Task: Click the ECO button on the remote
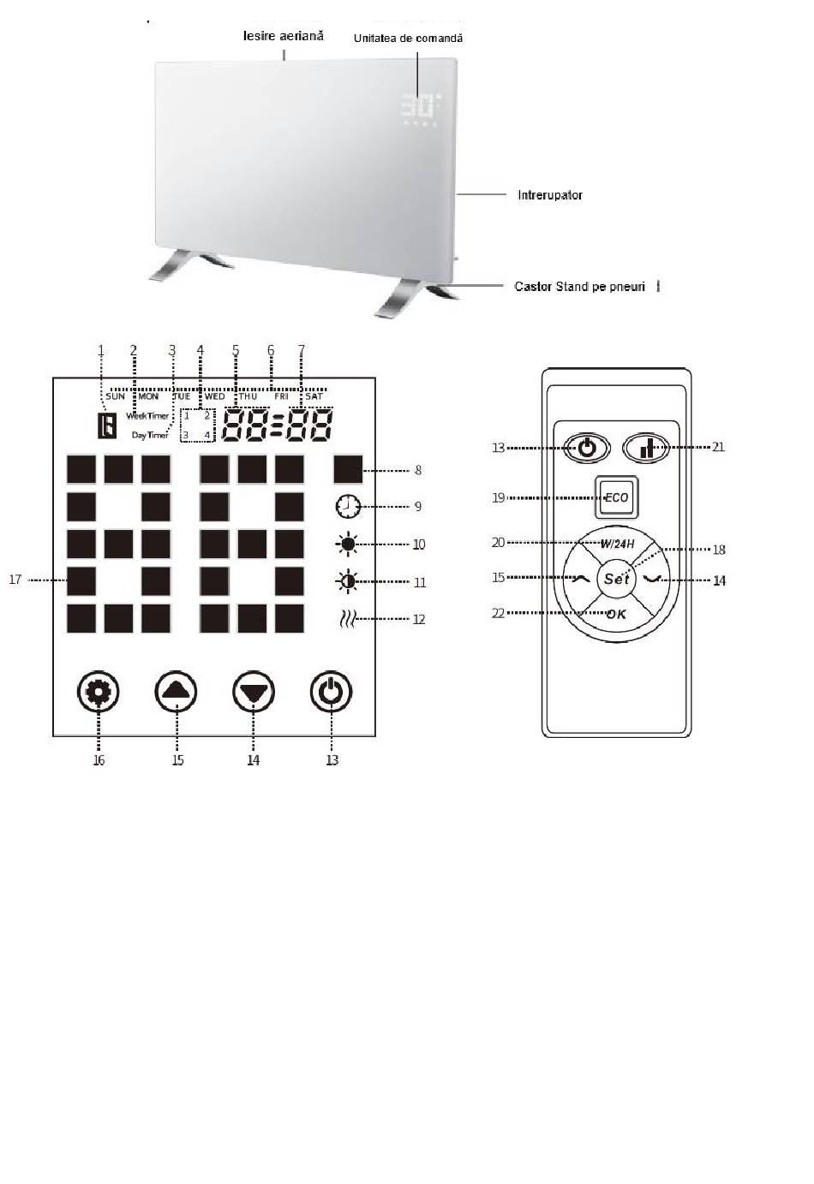[617, 497]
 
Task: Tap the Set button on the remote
[617, 579]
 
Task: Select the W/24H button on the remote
[617, 544]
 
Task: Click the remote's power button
[586, 448]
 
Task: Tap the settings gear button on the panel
[99, 692]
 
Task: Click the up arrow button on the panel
[176, 692]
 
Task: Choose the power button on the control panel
[331, 692]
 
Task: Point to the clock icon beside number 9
[347, 507]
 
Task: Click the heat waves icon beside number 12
[346, 619]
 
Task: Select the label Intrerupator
[549, 195]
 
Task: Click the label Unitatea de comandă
[408, 39]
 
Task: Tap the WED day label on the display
[214, 396]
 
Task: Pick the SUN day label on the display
[116, 396]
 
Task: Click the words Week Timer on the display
[147, 416]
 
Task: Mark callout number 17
[15, 580]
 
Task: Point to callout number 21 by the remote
[718, 446]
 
